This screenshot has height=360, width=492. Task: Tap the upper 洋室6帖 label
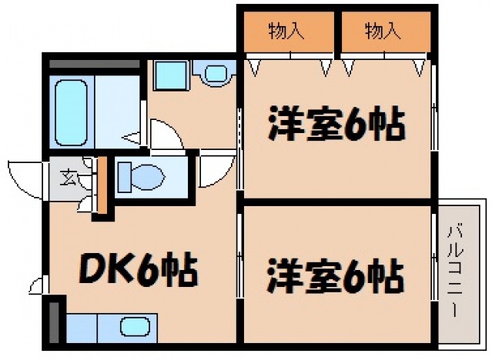(336, 125)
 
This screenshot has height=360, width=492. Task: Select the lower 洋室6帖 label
(336, 275)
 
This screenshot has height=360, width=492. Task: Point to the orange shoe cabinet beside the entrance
(102, 184)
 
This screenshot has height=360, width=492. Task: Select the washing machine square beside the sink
(166, 75)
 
